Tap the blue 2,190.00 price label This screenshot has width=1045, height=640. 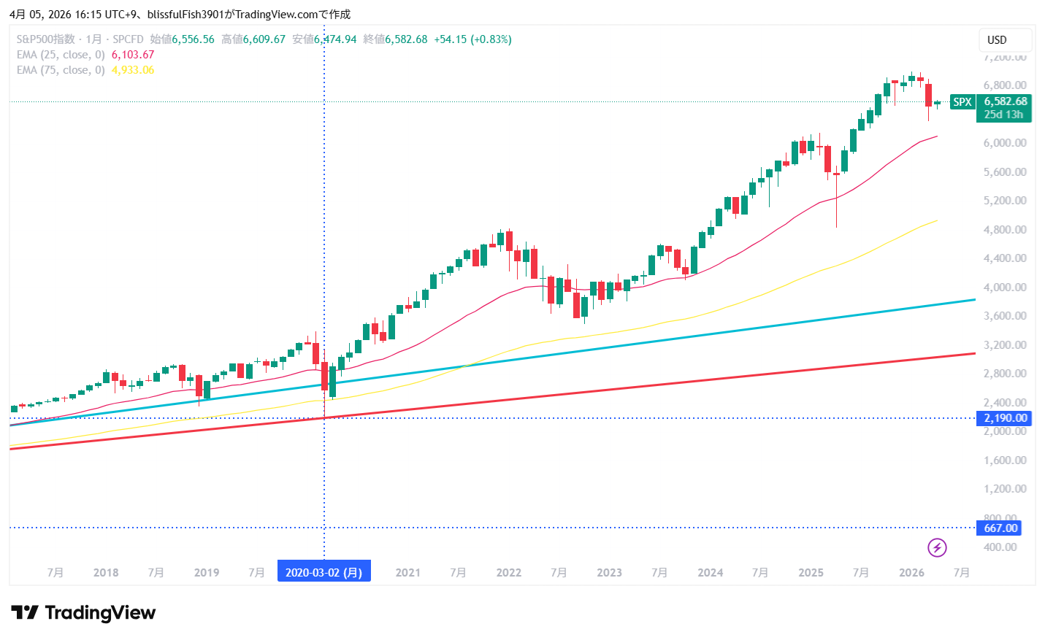tap(1005, 418)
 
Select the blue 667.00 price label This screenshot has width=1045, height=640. tap(1000, 528)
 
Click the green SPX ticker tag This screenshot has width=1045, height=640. tap(962, 102)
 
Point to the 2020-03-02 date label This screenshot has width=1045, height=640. tap(324, 572)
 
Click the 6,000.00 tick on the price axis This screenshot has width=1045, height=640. tap(1005, 143)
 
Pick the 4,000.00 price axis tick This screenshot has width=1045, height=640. tap(1005, 288)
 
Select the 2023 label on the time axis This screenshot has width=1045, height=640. tap(609, 573)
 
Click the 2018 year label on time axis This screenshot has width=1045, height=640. tap(106, 573)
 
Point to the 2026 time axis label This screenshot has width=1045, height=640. tap(911, 573)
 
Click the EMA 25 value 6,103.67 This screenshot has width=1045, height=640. tap(133, 55)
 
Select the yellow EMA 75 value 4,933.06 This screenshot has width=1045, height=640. tap(133, 70)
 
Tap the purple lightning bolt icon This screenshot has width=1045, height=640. tap(937, 547)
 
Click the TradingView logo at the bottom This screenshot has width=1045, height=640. tap(83, 612)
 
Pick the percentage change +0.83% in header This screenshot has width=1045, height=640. tap(491, 39)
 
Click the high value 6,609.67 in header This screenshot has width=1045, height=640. tap(264, 39)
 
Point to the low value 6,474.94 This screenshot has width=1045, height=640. tap(335, 39)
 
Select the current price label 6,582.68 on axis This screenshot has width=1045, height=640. tap(1005, 101)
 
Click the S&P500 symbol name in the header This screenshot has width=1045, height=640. tap(45, 39)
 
